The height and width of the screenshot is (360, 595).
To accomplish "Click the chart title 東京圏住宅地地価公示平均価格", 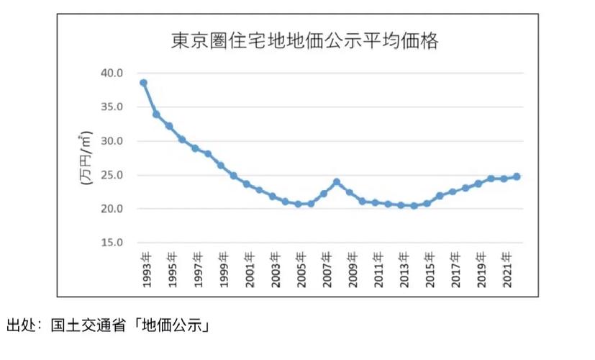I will [304, 40].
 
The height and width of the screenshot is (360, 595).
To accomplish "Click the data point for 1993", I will [143, 83].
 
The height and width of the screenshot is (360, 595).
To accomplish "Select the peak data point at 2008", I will [337, 182].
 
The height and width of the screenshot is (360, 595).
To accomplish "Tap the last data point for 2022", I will [517, 176].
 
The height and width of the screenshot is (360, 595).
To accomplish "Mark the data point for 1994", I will [156, 114].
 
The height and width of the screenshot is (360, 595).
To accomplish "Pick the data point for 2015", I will [427, 204].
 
